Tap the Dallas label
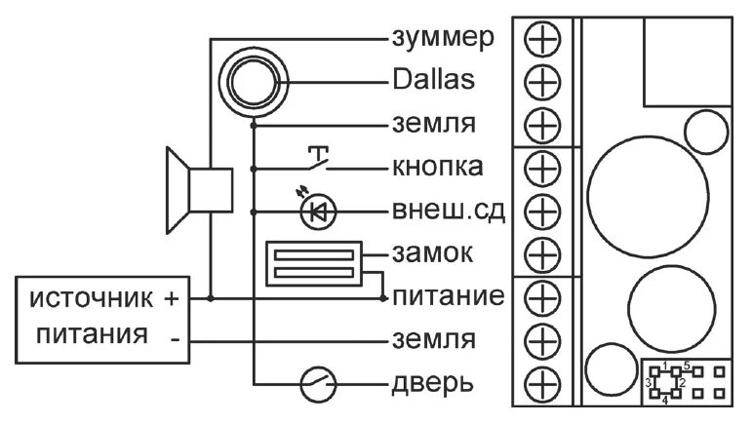[x=435, y=80]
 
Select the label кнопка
[x=438, y=167]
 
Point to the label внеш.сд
[x=448, y=210]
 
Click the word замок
[x=432, y=253]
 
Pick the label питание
[x=447, y=295]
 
